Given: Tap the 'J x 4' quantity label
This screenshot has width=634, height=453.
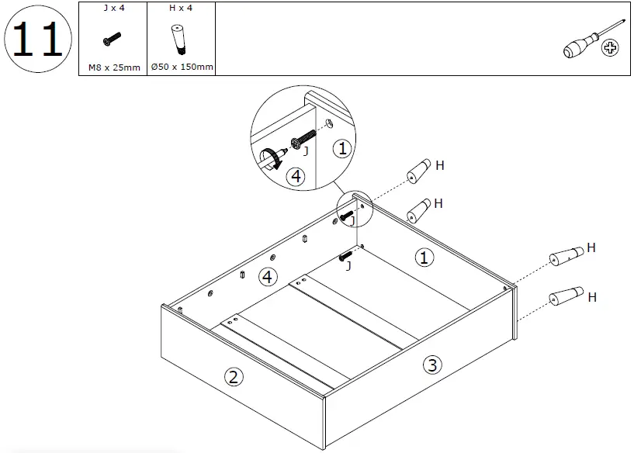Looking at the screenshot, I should click(x=113, y=9).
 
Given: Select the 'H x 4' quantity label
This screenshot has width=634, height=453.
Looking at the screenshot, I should click(x=180, y=9).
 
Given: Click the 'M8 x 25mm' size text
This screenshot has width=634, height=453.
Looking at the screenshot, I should click(x=113, y=67).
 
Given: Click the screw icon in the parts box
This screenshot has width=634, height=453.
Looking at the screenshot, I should click(x=112, y=38).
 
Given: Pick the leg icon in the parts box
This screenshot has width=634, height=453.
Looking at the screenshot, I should click(x=178, y=39).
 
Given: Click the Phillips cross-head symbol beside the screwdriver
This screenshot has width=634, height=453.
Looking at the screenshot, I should click(x=611, y=50).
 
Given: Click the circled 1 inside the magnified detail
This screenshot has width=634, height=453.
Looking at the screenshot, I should click(x=341, y=148).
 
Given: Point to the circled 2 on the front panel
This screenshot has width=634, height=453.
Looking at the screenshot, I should click(x=233, y=377).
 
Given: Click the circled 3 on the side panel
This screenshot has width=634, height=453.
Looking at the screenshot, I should click(x=432, y=365).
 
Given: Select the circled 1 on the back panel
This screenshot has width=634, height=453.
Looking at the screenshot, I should click(x=424, y=258).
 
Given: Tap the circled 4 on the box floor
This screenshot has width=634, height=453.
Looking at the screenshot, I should click(x=268, y=275).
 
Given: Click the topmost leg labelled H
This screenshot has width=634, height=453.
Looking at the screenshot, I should click(x=418, y=170).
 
